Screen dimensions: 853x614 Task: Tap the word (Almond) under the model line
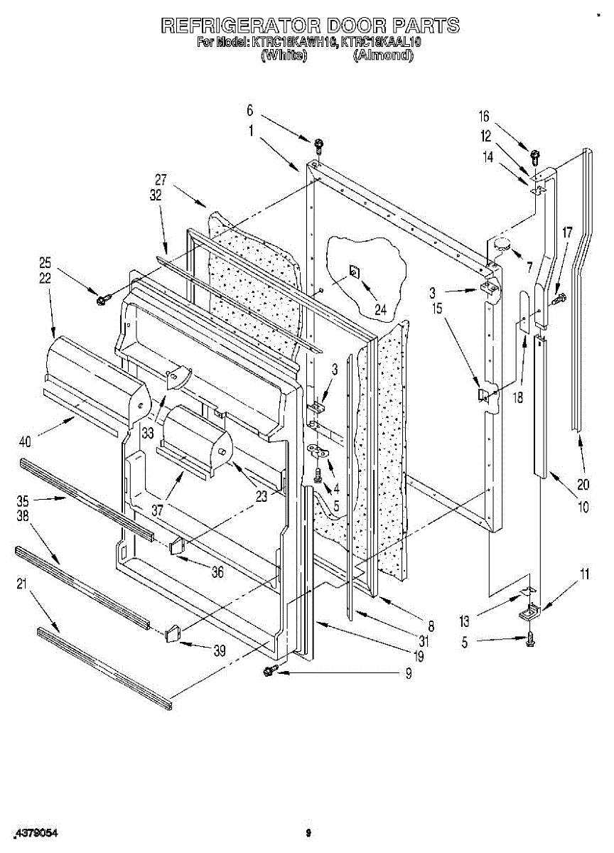click(383, 55)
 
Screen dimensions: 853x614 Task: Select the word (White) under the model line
click(284, 55)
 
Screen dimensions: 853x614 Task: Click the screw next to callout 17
click(559, 300)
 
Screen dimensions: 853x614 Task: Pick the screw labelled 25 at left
click(102, 301)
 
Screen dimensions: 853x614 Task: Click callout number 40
click(26, 441)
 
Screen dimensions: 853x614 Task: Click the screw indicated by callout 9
click(269, 670)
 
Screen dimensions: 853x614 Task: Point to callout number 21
click(21, 584)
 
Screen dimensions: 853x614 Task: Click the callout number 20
click(583, 486)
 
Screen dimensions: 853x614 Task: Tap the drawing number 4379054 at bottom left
click(33, 832)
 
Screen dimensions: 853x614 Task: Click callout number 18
click(517, 398)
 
